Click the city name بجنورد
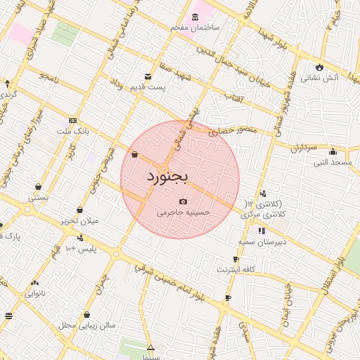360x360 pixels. pyautogui.click(x=167, y=176)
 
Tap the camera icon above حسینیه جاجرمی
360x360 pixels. pyautogui.click(x=184, y=202)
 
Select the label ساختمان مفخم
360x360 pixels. pyautogui.click(x=195, y=27)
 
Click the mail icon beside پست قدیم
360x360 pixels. pyautogui.click(x=148, y=77)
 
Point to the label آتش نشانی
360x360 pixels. pyautogui.click(x=319, y=78)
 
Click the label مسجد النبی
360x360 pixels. pyautogui.click(x=333, y=162)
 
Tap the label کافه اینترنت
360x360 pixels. pyautogui.click(x=235, y=269)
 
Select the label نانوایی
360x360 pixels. pyautogui.click(x=34, y=292)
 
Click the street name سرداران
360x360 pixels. pyautogui.click(x=304, y=148)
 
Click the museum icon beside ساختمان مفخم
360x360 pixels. pyautogui.click(x=195, y=17)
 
